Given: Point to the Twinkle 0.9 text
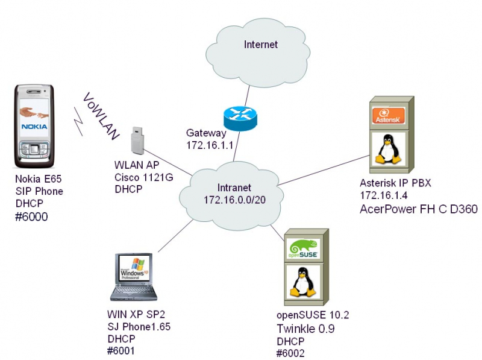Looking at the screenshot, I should pos(305,329).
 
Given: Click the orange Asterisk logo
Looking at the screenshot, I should pos(387,116).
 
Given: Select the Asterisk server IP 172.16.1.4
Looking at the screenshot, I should pos(384,196).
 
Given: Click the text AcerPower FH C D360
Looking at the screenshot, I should pos(418,210).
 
